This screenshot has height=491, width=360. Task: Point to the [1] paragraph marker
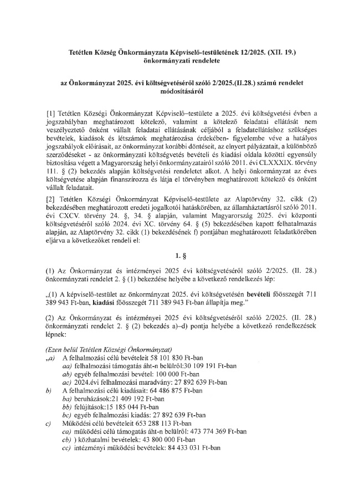point(52,113)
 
